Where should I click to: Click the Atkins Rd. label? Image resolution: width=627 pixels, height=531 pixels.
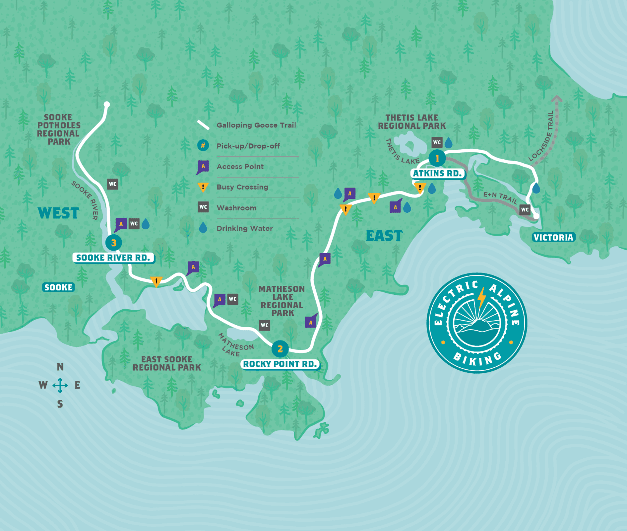pyautogui.click(x=437, y=174)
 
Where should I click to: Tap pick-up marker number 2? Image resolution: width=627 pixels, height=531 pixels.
pyautogui.click(x=280, y=349)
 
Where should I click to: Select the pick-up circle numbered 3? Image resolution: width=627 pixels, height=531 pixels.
pyautogui.click(x=114, y=243)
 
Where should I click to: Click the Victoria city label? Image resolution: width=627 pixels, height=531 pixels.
pyautogui.click(x=553, y=238)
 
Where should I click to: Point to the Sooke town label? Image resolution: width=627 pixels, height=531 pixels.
pyautogui.click(x=58, y=287)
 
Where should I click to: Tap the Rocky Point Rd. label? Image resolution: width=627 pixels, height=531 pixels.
pyautogui.click(x=280, y=364)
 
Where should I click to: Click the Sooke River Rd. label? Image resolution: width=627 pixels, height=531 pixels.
pyautogui.click(x=113, y=258)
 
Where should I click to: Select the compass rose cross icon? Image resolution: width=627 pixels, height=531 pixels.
pyautogui.click(x=60, y=385)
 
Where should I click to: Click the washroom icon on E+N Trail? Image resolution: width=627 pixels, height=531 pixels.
pyautogui.click(x=525, y=210)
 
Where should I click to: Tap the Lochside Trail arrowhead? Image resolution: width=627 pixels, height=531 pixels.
pyautogui.click(x=557, y=99)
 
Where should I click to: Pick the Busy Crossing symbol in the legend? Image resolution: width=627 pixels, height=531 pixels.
pyautogui.click(x=203, y=187)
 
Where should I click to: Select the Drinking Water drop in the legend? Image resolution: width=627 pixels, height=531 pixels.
pyautogui.click(x=203, y=228)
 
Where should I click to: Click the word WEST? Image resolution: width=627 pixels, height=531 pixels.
pyautogui.click(x=58, y=213)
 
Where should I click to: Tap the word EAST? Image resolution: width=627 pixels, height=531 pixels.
pyautogui.click(x=384, y=236)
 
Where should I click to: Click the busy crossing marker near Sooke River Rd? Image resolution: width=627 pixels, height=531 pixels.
pyautogui.click(x=156, y=281)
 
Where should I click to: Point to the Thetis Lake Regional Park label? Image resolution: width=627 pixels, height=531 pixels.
pyautogui.click(x=412, y=122)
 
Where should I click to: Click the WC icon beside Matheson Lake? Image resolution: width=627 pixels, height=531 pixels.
pyautogui.click(x=264, y=325)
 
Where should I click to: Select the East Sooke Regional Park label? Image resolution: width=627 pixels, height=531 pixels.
pyautogui.click(x=167, y=364)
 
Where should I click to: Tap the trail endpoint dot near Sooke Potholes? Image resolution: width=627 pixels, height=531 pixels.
pyautogui.click(x=107, y=105)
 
